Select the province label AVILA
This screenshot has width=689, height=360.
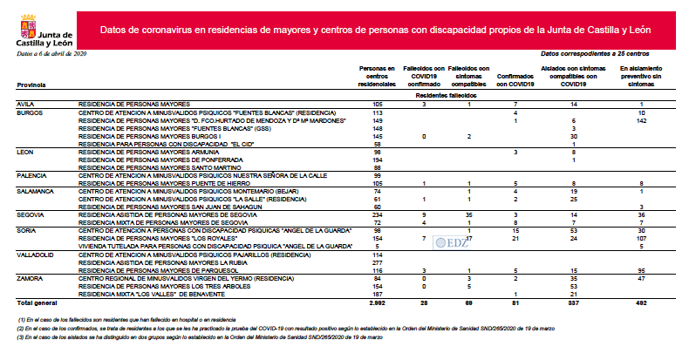point(27,104)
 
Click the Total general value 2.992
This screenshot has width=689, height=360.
point(377,302)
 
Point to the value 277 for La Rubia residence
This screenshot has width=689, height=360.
point(378,262)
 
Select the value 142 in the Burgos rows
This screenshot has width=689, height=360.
point(640,120)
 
